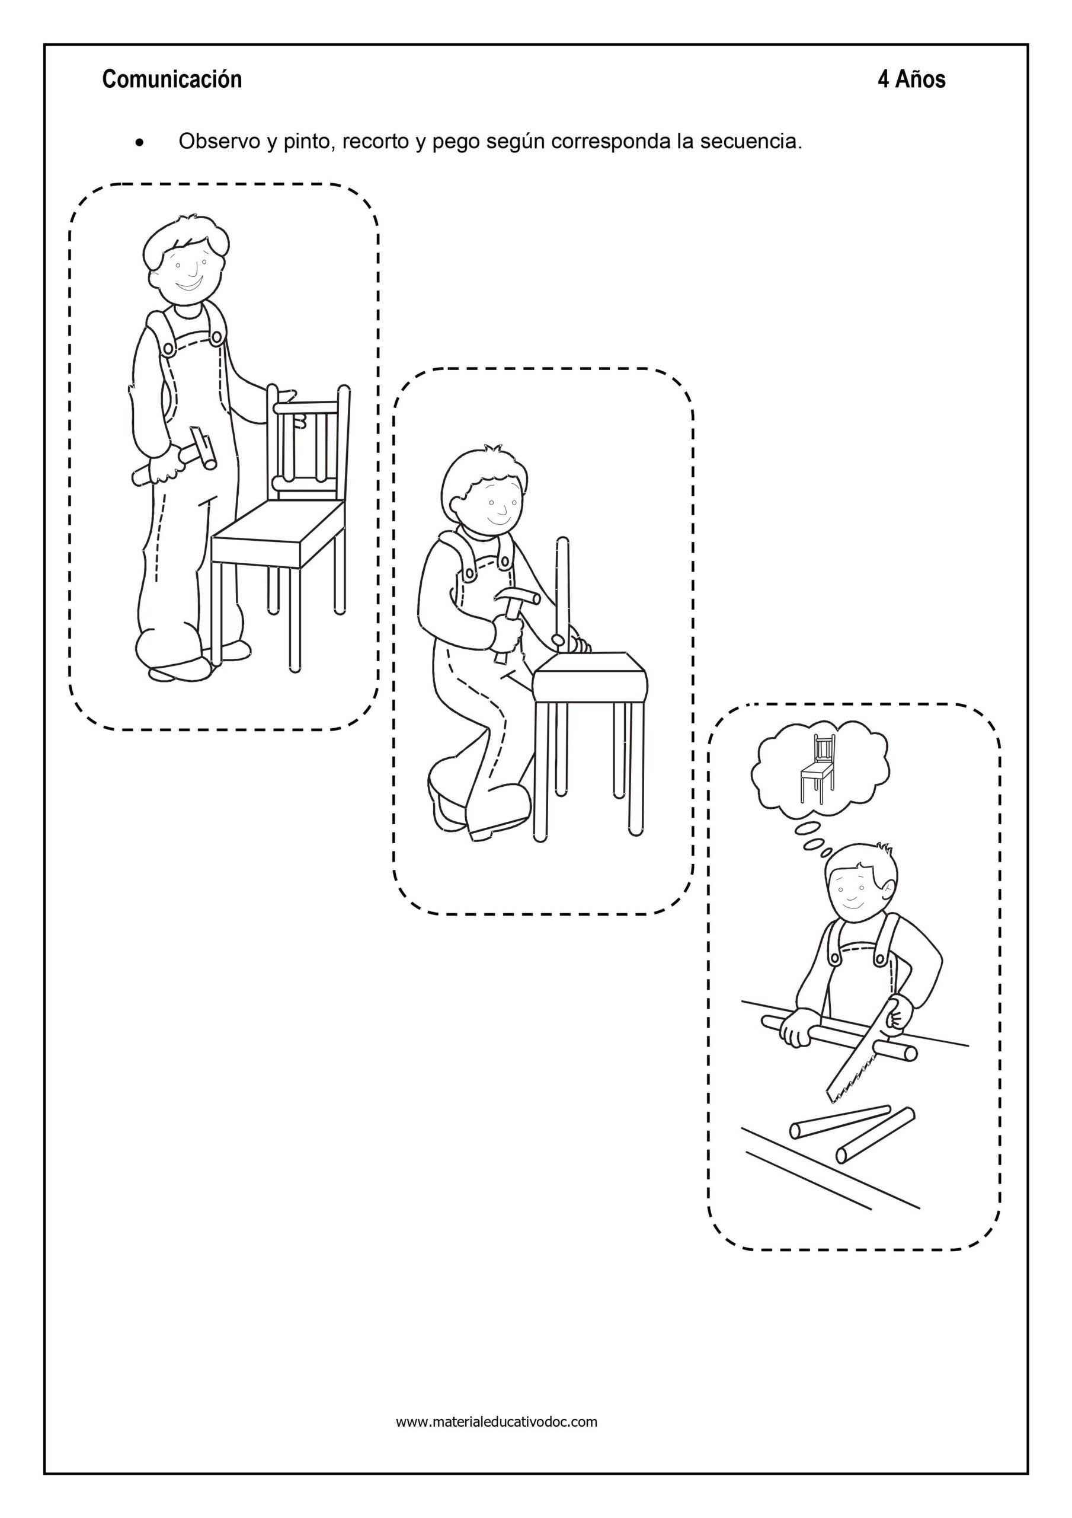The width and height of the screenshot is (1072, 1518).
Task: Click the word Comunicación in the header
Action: click(x=172, y=79)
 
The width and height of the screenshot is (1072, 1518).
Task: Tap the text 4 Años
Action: click(x=911, y=79)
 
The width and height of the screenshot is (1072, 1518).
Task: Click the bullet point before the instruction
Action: click(x=139, y=143)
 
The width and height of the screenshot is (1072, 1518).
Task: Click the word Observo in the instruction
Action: click(x=220, y=142)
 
